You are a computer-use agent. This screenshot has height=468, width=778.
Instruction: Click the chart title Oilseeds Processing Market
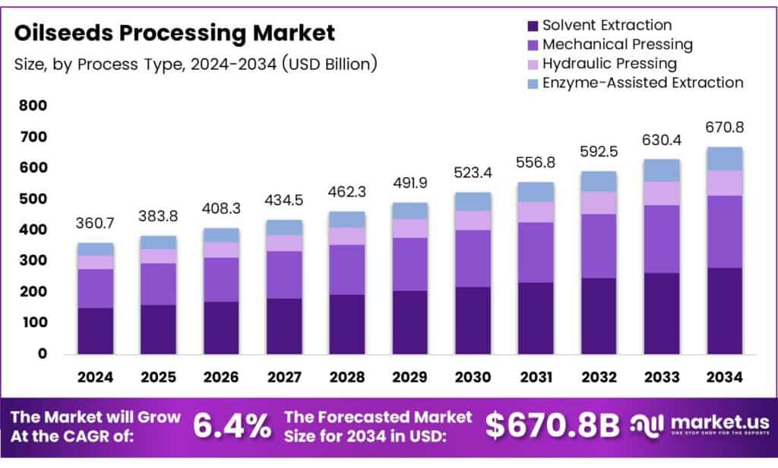point(175,33)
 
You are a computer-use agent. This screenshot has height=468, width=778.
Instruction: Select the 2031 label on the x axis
point(536,377)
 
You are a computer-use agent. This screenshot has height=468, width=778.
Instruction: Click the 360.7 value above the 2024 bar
point(95,223)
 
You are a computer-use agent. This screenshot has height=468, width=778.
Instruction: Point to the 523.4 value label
point(473,172)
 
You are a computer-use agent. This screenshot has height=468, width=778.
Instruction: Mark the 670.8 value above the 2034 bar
point(724,127)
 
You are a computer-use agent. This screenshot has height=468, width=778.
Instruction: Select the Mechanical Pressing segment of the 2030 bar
point(473,258)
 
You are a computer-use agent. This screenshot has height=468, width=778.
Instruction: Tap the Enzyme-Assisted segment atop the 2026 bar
point(221,235)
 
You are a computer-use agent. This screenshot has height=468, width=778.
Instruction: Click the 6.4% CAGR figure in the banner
point(232,425)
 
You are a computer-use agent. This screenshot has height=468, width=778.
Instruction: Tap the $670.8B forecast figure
point(553,425)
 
